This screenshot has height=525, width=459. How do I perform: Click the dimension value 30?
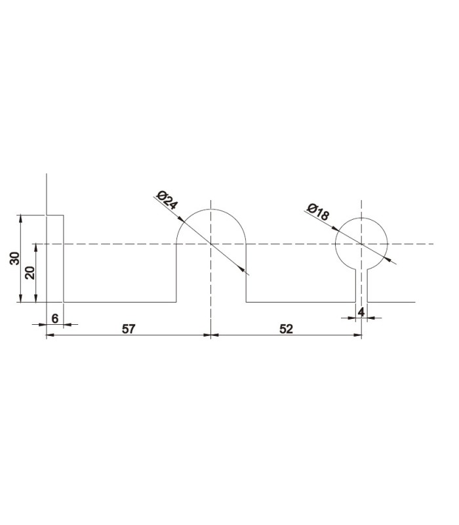tap(14, 259)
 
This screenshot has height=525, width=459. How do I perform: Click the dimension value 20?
tap(29, 272)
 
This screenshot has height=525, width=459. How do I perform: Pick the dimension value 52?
tap(286, 329)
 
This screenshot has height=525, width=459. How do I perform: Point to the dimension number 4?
tap(361, 312)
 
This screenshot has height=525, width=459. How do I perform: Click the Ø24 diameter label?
tap(167, 200)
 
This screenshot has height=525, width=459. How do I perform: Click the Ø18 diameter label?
tap(317, 213)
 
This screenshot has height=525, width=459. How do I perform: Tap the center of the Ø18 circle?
tap(361, 243)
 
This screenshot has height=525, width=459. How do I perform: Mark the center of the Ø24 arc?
tap(210, 243)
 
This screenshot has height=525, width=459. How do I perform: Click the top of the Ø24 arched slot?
tap(210, 209)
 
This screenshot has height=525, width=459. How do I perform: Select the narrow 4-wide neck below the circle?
tap(361, 285)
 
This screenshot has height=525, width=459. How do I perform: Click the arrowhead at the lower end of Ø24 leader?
tap(247, 272)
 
